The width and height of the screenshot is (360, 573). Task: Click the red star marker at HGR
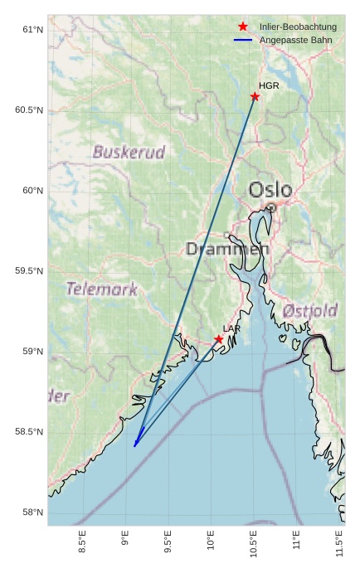(x=255, y=96)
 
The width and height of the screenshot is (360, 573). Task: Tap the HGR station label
(x=269, y=85)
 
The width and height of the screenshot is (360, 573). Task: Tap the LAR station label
(x=231, y=329)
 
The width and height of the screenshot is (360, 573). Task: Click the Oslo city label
(x=270, y=190)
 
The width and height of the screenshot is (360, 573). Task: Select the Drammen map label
(x=226, y=249)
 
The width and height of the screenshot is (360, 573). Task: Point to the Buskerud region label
(x=129, y=153)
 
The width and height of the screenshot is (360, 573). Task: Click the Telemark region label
(x=101, y=289)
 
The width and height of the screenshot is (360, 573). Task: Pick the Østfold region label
(x=310, y=311)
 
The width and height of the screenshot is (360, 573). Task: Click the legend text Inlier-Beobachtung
(x=298, y=27)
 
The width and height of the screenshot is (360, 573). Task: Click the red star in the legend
(x=243, y=27)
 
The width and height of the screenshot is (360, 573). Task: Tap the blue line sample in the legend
(x=243, y=40)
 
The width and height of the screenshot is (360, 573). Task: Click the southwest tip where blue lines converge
(x=134, y=446)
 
